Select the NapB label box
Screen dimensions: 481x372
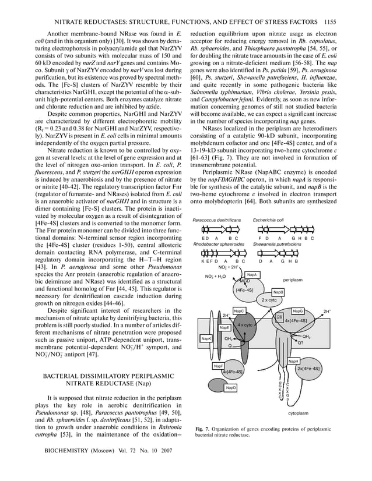pos(279,292)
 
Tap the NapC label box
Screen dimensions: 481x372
pos(239,312)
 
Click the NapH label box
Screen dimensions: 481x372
pos(294,361)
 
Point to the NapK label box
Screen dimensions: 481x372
pos(206,338)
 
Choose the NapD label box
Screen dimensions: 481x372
pos(215,387)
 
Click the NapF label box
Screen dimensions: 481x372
pos(218,366)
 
